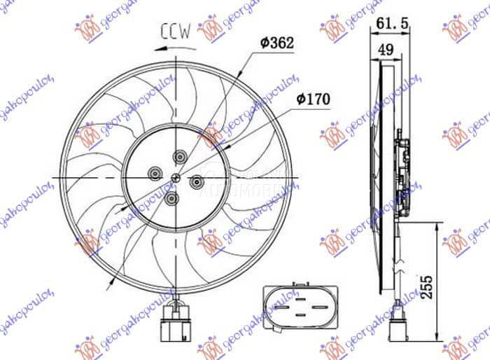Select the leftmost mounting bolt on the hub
coord(154,171)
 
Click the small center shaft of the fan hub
coord(175,177)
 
